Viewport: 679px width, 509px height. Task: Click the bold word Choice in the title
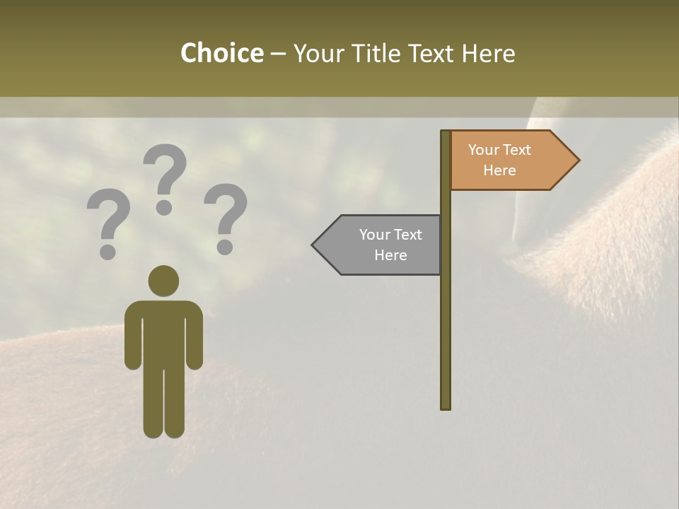[221, 53]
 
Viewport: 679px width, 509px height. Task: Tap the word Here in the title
[488, 53]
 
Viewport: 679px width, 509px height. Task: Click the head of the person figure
[163, 281]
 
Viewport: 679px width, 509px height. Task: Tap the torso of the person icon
[163, 332]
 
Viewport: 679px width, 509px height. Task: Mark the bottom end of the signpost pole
[446, 406]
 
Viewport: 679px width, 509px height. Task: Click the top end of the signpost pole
[446, 133]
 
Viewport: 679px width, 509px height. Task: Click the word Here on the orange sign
[499, 170]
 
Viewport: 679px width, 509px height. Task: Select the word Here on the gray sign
[390, 255]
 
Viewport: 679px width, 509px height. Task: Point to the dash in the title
[278, 54]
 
